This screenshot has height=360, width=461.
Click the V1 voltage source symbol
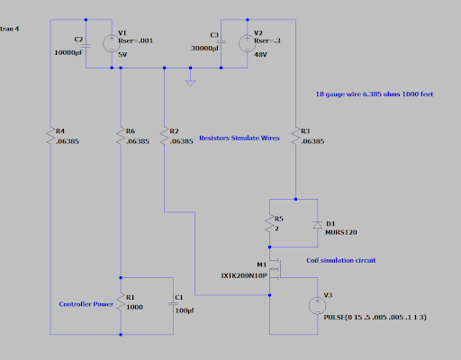112,43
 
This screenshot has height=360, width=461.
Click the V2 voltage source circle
248,43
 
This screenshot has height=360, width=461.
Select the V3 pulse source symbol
317,306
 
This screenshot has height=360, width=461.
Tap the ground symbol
190,83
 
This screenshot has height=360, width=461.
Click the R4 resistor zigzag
50,135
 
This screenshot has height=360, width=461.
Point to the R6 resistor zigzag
121,135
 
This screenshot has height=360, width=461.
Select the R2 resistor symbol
164,135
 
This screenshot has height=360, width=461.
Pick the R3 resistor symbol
295,135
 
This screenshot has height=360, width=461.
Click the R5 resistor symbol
269,223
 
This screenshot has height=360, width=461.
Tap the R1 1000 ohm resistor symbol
121,301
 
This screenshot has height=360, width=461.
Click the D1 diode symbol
318,225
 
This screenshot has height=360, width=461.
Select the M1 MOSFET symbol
276,269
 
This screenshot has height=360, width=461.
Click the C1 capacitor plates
173,303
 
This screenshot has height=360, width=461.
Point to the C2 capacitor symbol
86,46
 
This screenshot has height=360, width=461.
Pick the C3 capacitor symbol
221,41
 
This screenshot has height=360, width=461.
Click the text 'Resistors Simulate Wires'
240,138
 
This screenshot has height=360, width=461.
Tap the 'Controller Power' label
86,304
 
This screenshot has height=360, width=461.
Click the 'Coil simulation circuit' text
341,260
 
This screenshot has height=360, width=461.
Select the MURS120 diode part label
341,232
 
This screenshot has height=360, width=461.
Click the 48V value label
260,55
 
